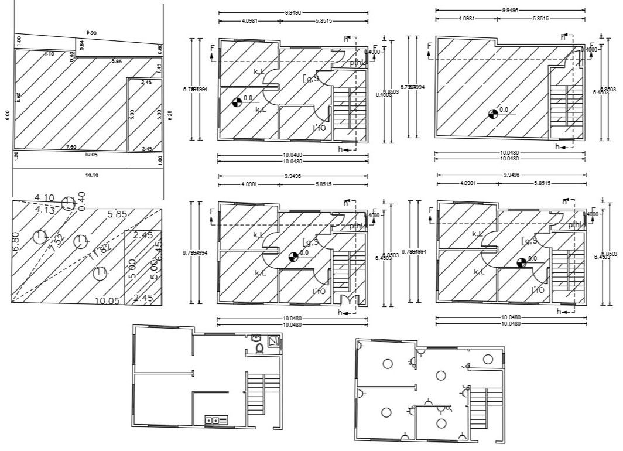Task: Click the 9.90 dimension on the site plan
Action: coord(91,32)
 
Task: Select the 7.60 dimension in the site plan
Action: coord(71,146)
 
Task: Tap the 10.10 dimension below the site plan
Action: coord(91,175)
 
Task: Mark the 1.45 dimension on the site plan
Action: coord(159,67)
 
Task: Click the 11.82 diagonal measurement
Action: coord(101,253)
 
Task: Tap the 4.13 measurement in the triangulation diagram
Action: coord(45,209)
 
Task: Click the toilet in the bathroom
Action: coord(259,348)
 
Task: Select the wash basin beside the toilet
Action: coord(256,339)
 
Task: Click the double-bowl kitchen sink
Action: coord(212,419)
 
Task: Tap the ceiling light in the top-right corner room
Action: coord(488,359)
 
